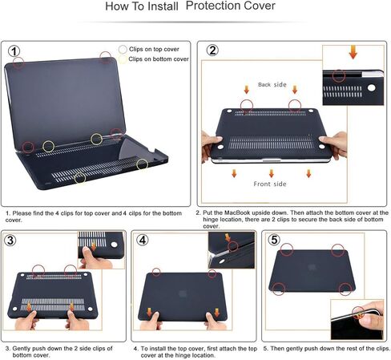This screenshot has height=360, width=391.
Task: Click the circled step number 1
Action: coord(16,51)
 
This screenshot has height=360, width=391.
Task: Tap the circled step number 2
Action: coord(212,51)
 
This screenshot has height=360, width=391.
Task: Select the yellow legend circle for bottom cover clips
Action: coord(123,59)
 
